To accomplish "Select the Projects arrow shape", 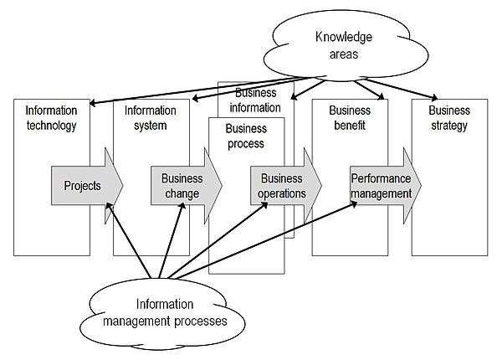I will (x=85, y=185).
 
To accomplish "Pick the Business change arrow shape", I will (x=183, y=185).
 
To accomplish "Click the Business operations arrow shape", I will (x=283, y=185).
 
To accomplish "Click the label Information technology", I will (x=51, y=118).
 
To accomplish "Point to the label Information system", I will (x=146, y=118).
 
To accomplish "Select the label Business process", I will (x=245, y=136).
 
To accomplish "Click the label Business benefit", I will (x=348, y=118).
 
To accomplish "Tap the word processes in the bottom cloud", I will (x=197, y=319).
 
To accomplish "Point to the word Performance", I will (x=381, y=178).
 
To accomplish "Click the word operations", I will (x=283, y=193).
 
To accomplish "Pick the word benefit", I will (x=348, y=126).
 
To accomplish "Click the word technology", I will (x=51, y=126).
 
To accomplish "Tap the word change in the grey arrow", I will (x=182, y=193).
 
